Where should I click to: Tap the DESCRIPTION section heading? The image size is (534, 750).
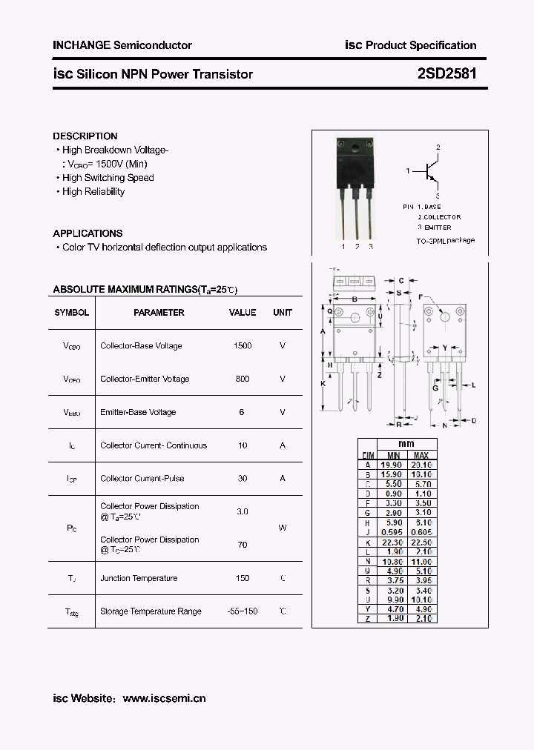tap(85, 136)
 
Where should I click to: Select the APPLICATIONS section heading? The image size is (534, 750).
tap(88, 233)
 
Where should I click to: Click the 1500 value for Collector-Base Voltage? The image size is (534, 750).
tap(242, 346)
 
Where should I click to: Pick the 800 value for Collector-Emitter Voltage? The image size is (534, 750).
tap(242, 379)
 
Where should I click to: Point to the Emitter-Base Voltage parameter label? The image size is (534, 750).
tap(138, 413)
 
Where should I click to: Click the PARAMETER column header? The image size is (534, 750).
tap(159, 313)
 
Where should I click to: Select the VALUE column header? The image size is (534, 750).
tap(242, 313)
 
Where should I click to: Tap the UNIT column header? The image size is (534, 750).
tap(283, 313)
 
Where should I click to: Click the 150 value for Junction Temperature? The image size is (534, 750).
tap(242, 578)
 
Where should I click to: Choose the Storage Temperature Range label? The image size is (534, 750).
tap(151, 611)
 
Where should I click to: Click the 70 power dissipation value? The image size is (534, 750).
tap(242, 545)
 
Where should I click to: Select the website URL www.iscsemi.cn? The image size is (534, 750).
tap(164, 698)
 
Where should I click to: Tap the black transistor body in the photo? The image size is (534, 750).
tap(355, 163)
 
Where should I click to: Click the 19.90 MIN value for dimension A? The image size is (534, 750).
tap(393, 465)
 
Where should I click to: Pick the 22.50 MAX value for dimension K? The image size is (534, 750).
tap(421, 542)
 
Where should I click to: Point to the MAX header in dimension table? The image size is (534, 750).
tap(421, 455)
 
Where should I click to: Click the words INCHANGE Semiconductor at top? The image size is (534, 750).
tap(122, 45)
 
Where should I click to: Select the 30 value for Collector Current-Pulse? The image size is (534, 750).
tap(242, 479)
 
